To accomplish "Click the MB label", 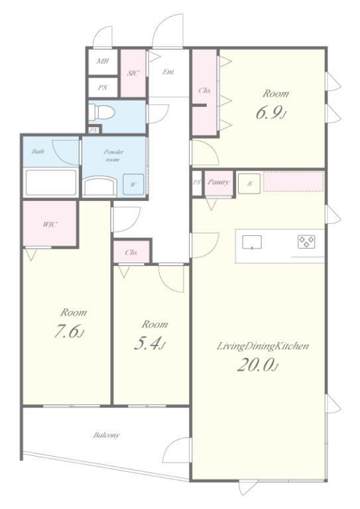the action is (x=102, y=61).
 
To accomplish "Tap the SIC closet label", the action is (x=133, y=73).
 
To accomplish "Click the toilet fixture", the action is (x=101, y=111).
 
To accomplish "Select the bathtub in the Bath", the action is (x=50, y=182).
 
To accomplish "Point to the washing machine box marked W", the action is (x=133, y=184).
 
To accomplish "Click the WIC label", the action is (x=50, y=224).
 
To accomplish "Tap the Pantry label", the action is (x=219, y=182).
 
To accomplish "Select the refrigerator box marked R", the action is (x=249, y=184).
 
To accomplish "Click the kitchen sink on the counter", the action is (x=252, y=242).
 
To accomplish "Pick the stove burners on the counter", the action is (x=306, y=242).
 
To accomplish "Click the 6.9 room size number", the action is (x=271, y=113).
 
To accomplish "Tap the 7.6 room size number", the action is (x=69, y=332).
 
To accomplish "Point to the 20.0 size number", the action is (x=258, y=365).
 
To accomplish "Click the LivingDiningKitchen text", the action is (x=263, y=346).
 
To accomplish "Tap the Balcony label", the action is (x=107, y=435).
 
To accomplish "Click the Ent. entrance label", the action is (x=168, y=72).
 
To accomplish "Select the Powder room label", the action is (x=113, y=155).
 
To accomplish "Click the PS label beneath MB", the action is (x=102, y=87).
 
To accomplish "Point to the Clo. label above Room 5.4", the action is (x=131, y=253).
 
